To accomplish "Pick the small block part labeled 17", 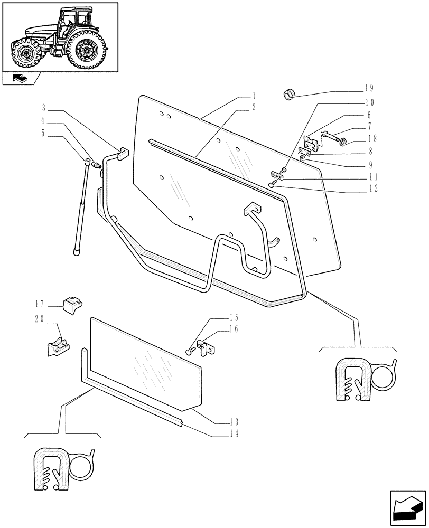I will tap(70, 304).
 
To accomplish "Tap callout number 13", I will tap(234, 422).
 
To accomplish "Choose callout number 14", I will tap(234, 435).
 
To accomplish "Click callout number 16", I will tap(234, 329).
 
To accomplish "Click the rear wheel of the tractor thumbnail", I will tap(85, 50).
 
